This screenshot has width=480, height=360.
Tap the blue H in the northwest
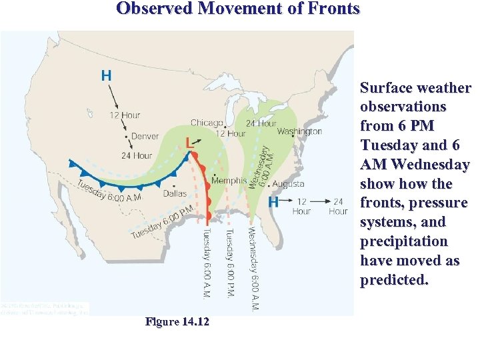point(106,75)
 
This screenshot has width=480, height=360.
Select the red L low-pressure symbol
point(190,143)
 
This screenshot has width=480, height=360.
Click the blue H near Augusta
point(273,201)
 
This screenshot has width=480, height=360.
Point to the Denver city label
point(145,136)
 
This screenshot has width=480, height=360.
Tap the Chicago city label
point(207,123)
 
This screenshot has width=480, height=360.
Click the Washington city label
point(299,131)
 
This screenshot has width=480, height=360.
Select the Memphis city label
point(229,181)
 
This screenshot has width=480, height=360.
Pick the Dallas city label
point(175,194)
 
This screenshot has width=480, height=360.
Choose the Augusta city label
point(289,184)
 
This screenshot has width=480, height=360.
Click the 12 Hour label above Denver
point(125,115)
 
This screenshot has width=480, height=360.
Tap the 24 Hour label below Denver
point(137,155)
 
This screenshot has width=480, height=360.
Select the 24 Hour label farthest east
point(339,206)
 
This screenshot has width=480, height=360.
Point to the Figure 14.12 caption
point(177,322)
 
